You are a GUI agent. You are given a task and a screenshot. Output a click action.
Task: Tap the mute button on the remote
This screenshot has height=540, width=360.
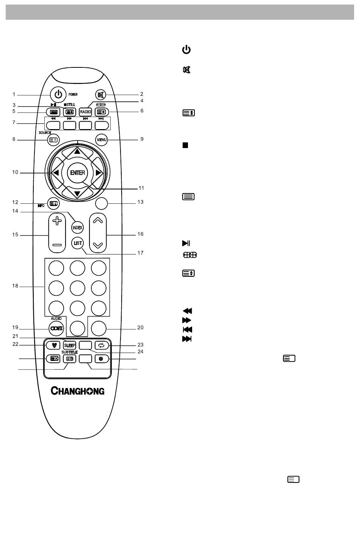(x=101, y=95)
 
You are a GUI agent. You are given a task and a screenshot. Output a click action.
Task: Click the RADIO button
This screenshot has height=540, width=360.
(x=85, y=112)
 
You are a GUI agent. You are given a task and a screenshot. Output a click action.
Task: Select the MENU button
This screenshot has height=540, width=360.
(x=101, y=140)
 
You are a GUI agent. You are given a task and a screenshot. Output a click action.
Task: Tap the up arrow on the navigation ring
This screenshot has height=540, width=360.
(x=77, y=151)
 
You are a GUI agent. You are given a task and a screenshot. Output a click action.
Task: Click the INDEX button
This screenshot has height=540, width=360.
(x=77, y=228)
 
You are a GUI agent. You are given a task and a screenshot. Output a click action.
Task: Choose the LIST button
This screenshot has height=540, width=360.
(x=77, y=243)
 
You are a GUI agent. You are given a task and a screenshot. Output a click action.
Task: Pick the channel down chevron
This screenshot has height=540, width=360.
(x=98, y=245)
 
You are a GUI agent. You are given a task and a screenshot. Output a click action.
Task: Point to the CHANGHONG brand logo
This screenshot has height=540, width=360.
(x=77, y=390)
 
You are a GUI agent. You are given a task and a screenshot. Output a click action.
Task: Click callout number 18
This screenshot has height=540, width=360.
(x=15, y=286)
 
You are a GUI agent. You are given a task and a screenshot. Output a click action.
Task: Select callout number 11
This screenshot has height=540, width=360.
(x=141, y=188)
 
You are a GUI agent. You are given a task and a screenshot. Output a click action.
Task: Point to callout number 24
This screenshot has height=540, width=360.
(x=140, y=351)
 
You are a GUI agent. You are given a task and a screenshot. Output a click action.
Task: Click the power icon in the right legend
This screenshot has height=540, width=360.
(x=186, y=50)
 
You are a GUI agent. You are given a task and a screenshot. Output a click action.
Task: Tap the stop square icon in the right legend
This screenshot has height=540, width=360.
(x=185, y=145)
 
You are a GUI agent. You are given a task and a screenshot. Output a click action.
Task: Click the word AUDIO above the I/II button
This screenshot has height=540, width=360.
(x=56, y=318)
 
